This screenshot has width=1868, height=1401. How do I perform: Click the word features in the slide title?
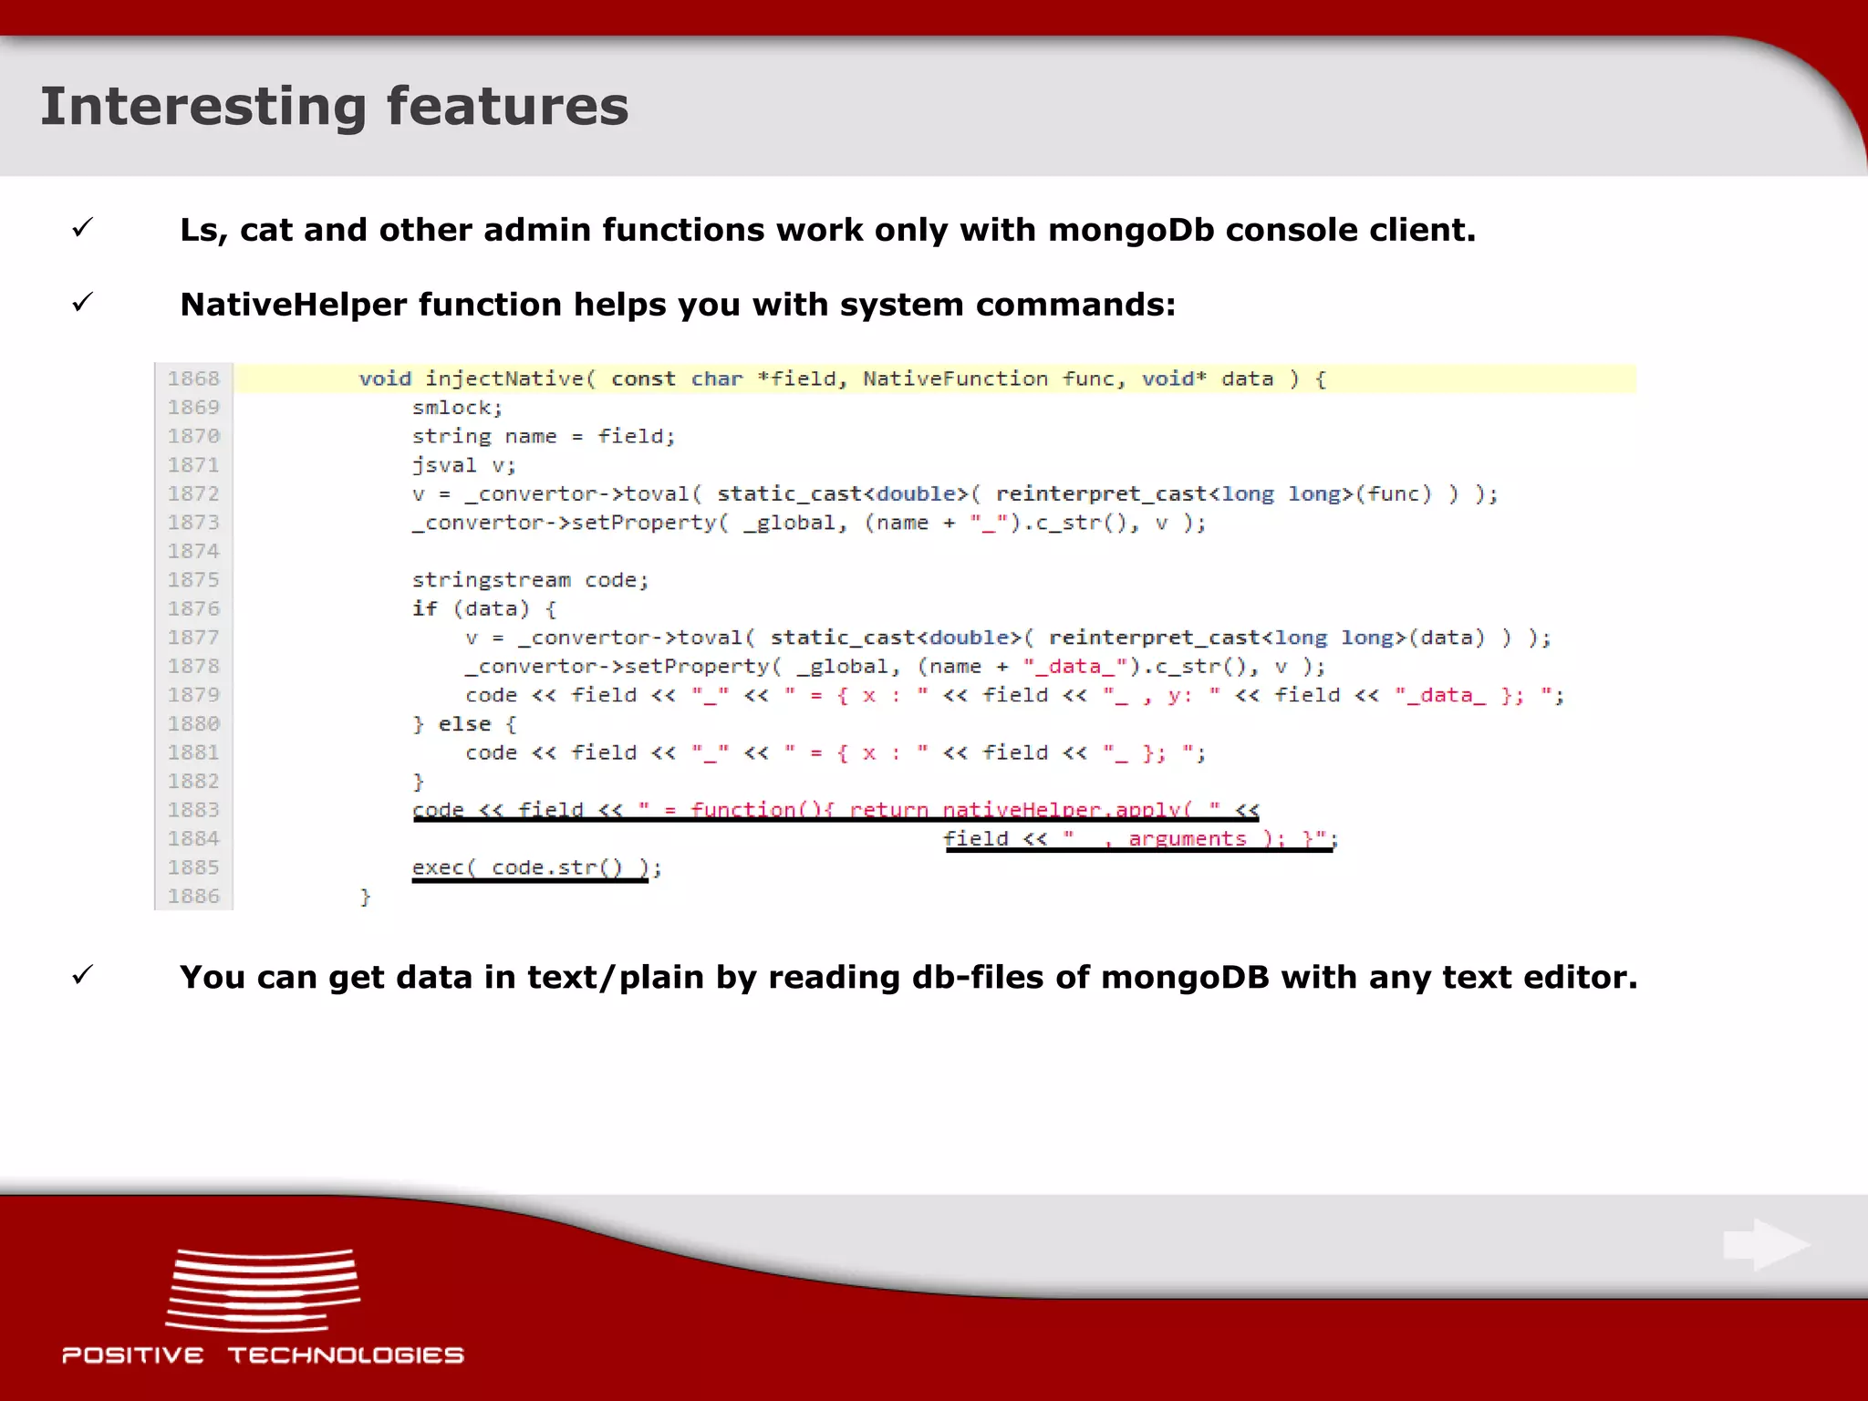click(x=507, y=106)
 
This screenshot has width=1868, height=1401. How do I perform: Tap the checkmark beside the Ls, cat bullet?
click(x=83, y=227)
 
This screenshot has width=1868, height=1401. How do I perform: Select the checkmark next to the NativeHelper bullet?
click(x=83, y=302)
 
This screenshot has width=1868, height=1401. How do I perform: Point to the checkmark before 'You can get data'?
click(x=83, y=975)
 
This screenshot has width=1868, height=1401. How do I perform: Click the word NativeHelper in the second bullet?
click(x=293, y=305)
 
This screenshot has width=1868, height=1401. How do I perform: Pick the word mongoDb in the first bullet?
click(x=1131, y=230)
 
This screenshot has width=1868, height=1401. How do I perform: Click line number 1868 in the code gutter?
click(x=193, y=379)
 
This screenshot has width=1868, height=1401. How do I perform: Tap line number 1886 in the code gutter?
click(x=193, y=897)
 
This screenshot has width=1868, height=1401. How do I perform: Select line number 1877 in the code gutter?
click(x=193, y=638)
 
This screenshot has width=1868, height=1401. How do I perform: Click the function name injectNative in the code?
click(x=503, y=379)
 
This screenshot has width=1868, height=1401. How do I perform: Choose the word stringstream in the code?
click(x=491, y=580)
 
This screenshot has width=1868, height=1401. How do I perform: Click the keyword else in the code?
click(x=464, y=724)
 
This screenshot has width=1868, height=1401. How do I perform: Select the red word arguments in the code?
click(x=1187, y=839)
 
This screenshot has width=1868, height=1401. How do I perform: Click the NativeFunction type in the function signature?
click(x=955, y=379)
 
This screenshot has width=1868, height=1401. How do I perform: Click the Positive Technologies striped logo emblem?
click(x=263, y=1290)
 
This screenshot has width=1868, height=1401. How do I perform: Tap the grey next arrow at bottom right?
click(x=1766, y=1244)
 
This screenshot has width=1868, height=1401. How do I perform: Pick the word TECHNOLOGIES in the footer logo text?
click(x=346, y=1355)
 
